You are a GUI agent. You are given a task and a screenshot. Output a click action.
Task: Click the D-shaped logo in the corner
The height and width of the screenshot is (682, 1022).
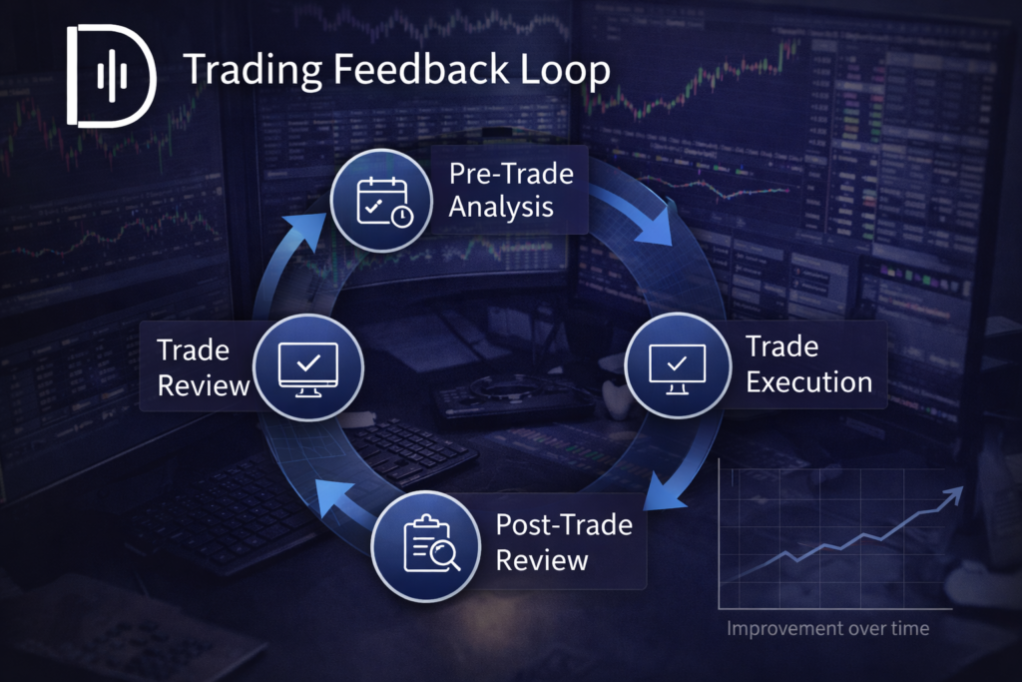point(111,76)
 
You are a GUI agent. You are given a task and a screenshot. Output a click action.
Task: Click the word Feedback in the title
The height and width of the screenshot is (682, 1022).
point(421,69)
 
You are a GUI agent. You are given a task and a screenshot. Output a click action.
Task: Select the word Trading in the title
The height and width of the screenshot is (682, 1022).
point(253,71)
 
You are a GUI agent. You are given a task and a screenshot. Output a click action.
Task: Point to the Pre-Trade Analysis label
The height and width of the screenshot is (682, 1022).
point(511,191)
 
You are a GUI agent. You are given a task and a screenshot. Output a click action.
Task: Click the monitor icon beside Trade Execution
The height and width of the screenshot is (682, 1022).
point(678,368)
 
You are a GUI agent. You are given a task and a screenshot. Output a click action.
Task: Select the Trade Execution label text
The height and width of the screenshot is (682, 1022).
point(808,364)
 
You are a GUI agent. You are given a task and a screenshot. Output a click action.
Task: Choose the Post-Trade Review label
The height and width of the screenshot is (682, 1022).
point(564,542)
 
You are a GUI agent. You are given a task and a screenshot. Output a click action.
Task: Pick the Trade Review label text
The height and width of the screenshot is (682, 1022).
point(204,367)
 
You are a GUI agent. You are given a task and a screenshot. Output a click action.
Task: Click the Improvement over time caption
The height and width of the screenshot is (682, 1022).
point(827,628)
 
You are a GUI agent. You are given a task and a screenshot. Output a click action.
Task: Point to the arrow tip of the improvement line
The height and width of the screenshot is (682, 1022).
point(962,487)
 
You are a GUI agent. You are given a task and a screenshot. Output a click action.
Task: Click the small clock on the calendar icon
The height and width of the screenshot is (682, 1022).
point(401,216)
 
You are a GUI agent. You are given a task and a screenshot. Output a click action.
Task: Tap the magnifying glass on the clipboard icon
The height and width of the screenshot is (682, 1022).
point(446,555)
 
